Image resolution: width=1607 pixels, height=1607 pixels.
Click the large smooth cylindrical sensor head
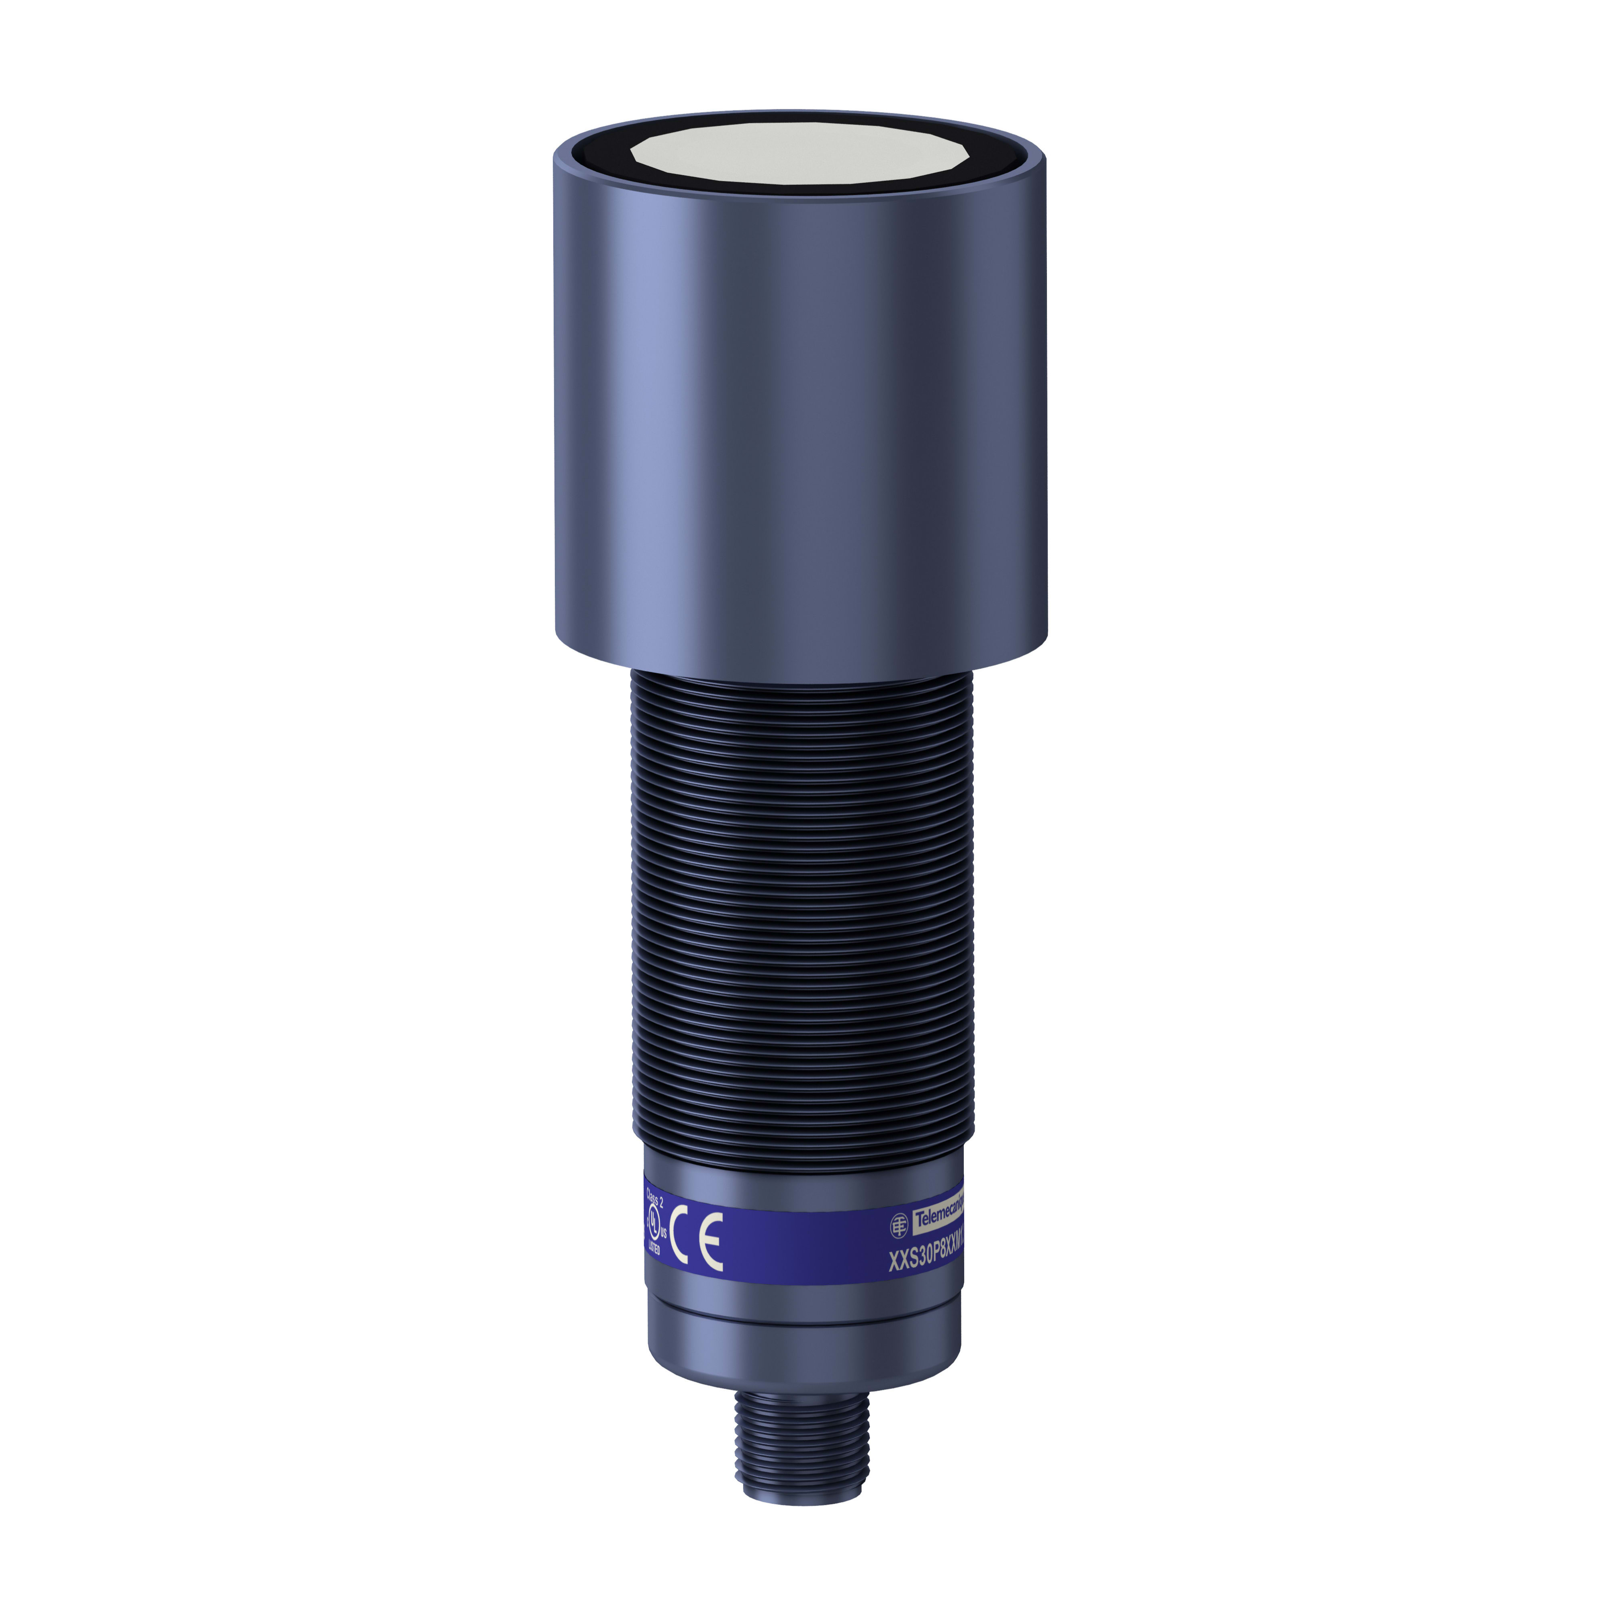coord(799,399)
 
